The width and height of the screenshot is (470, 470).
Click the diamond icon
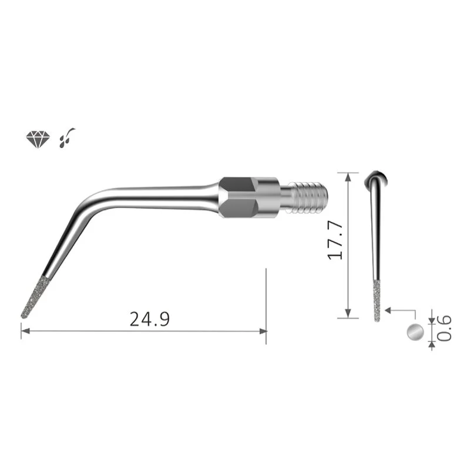pos(38,139)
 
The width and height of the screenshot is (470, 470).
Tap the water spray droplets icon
pos(67,138)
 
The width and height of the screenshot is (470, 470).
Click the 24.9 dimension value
pos(150,319)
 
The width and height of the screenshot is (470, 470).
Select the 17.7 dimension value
pos(335,241)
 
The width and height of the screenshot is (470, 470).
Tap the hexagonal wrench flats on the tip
pos(238,197)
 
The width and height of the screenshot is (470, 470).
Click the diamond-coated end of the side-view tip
pos(35,297)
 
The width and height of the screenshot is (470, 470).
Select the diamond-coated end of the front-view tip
pos(377,301)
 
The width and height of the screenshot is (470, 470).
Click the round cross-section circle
pos(415,332)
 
